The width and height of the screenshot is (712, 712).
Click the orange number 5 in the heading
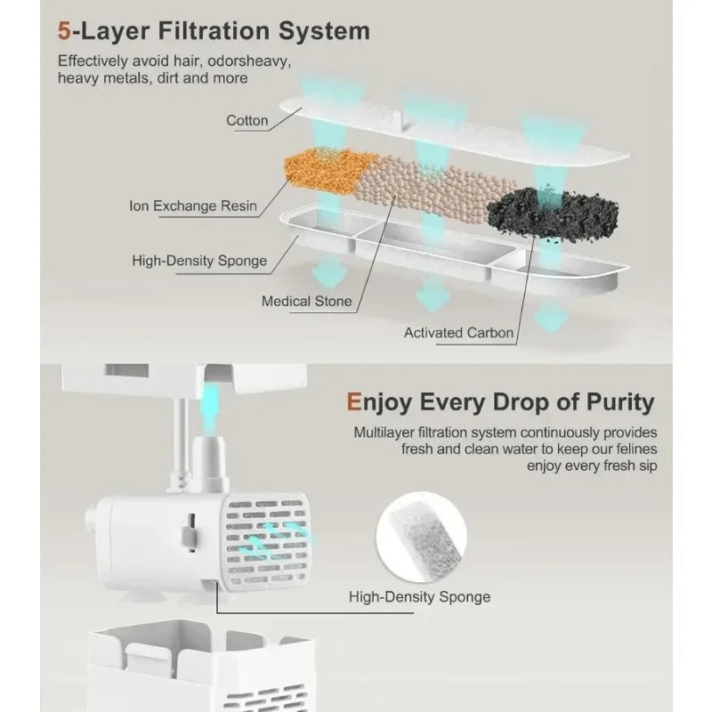pyautogui.click(x=64, y=31)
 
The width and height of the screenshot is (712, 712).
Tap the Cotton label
pyautogui.click(x=247, y=121)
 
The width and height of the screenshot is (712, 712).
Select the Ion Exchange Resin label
pyautogui.click(x=193, y=206)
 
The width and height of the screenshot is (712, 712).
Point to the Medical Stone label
pyautogui.click(x=306, y=301)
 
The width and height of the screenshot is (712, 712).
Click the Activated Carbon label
pyautogui.click(x=458, y=333)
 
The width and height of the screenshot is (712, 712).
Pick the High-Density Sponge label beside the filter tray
pyautogui.click(x=199, y=261)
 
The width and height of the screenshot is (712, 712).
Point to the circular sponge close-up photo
pyautogui.click(x=421, y=538)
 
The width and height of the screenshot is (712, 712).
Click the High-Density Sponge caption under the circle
pyautogui.click(x=419, y=596)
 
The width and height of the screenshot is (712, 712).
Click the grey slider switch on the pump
pyautogui.click(x=190, y=535)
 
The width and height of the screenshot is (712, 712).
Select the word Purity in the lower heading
pyautogui.click(x=620, y=402)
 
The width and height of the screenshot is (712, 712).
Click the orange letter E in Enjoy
pyautogui.click(x=353, y=402)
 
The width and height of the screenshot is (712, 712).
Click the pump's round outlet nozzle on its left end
pyautogui.click(x=91, y=522)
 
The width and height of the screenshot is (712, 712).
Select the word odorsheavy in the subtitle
pyautogui.click(x=249, y=61)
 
